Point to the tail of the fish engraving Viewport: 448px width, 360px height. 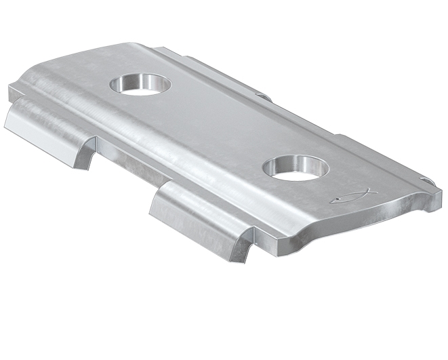point(369,193)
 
